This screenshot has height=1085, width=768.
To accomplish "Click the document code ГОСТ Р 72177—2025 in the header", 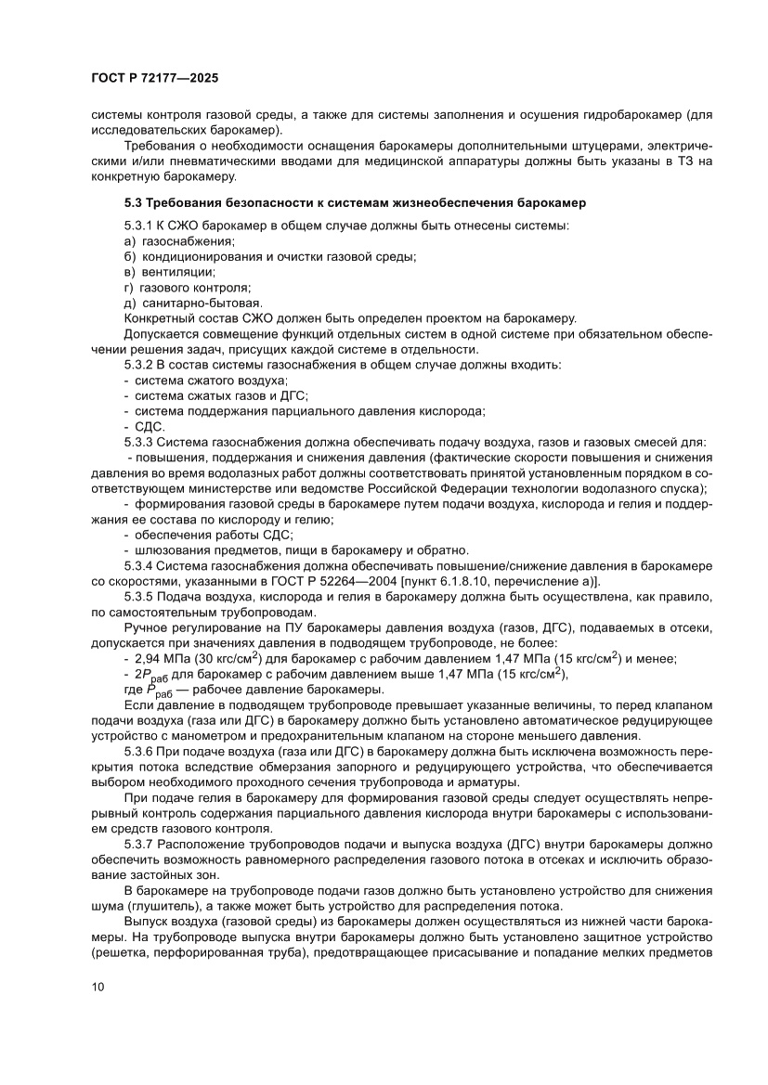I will [x=154, y=79].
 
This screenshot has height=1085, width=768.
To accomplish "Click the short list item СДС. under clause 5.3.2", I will [x=150, y=426].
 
